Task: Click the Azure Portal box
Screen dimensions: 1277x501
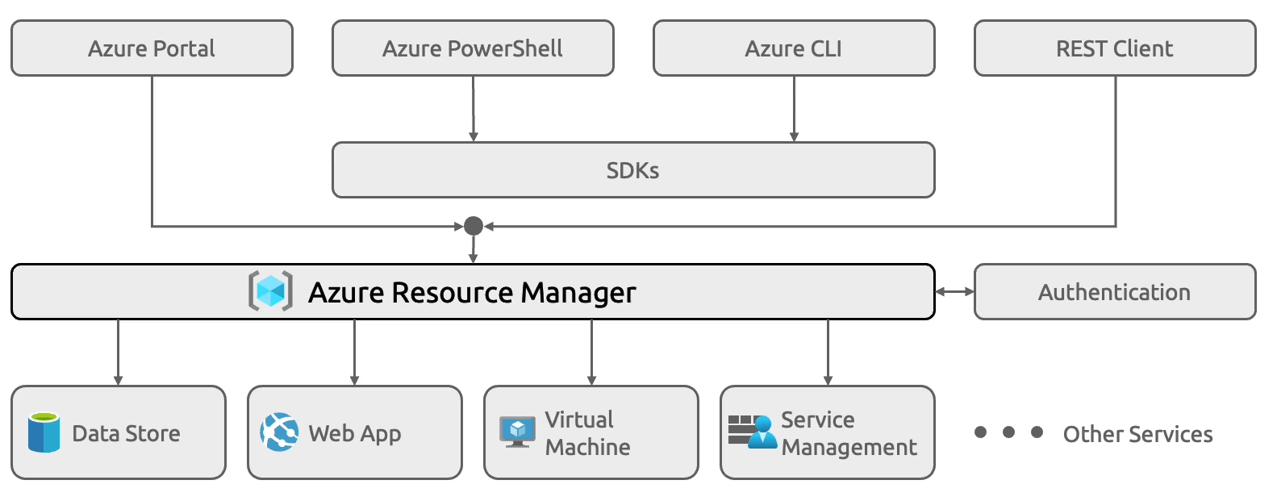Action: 152,48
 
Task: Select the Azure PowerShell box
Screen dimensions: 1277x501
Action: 473,48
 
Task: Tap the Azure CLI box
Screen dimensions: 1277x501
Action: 794,48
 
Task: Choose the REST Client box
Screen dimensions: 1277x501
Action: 1115,48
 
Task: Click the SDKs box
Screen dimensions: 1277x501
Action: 633,170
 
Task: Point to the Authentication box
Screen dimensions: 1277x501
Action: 1115,291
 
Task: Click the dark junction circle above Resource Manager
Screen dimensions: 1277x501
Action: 474,226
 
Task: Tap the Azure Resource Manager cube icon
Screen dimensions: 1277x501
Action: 271,291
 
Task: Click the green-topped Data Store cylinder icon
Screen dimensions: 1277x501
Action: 44,432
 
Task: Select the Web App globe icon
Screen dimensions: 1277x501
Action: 279,432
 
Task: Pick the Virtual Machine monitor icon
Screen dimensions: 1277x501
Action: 517,432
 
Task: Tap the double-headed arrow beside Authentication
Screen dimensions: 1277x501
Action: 954,291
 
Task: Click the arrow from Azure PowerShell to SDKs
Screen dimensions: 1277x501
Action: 474,109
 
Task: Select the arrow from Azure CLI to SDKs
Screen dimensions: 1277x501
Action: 794,109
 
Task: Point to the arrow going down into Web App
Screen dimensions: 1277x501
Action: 354,353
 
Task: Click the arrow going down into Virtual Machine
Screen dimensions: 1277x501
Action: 591,353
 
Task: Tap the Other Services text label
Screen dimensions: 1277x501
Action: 1137,434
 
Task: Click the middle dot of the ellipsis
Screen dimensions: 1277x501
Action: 1008,432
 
